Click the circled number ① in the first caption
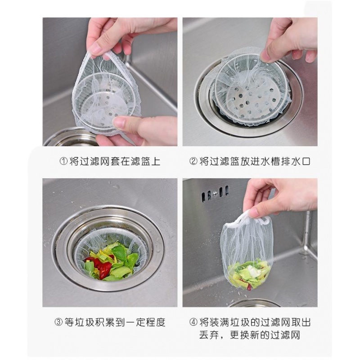[x=63, y=161]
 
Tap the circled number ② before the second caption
[x=193, y=161]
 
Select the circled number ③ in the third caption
[x=58, y=322]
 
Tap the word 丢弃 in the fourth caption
[x=208, y=335]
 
